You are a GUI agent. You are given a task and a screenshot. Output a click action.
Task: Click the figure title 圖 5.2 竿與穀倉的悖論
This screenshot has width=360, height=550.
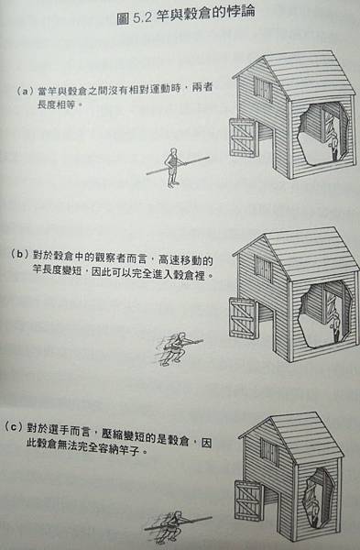185,15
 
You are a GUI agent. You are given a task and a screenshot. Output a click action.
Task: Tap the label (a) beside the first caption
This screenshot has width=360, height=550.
25,92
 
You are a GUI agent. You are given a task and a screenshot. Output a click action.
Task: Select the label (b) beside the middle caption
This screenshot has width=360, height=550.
19,255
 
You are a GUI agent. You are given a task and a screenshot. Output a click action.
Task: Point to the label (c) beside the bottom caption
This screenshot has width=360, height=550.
14,427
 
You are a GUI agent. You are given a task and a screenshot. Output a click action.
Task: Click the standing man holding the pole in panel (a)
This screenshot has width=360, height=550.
172,168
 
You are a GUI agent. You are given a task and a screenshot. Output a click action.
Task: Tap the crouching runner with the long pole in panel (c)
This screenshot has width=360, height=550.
172,525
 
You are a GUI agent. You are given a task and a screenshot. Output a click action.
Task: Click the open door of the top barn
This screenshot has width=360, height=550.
244,137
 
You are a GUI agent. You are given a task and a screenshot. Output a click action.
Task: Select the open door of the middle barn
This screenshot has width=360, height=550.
244,318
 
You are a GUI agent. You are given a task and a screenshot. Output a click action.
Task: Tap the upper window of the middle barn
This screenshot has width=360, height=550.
263,269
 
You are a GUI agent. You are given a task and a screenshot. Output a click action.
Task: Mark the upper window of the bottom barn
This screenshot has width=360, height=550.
269,451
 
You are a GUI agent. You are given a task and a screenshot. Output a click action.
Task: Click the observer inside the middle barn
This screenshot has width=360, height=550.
335,327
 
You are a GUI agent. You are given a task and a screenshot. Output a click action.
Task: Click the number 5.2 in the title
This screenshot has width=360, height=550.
142,17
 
